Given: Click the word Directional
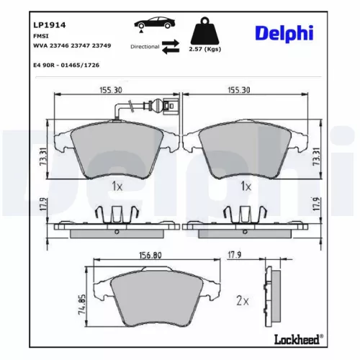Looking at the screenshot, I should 145,46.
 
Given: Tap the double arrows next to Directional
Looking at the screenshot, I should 171,47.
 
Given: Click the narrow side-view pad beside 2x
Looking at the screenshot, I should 274,297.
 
